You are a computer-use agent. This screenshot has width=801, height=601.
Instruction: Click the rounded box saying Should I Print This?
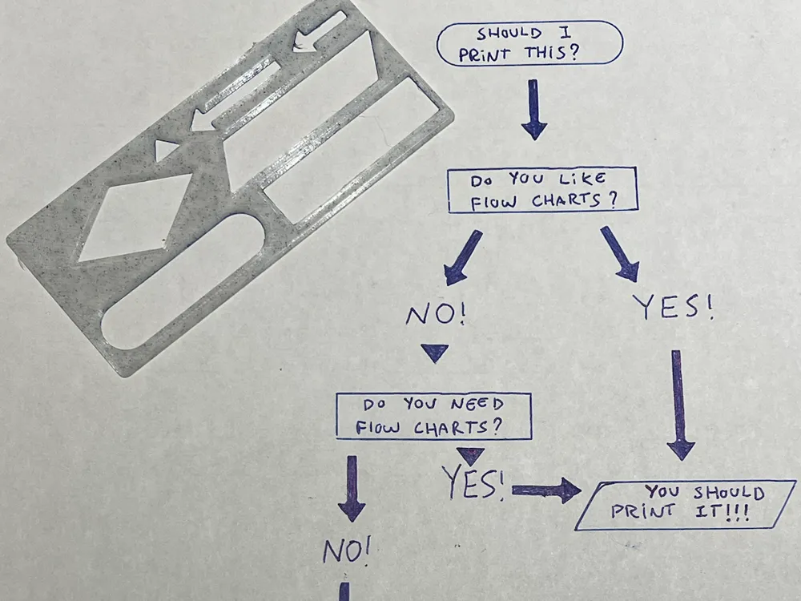pyautogui.click(x=529, y=44)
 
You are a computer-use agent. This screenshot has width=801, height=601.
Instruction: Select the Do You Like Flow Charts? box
pyautogui.click(x=542, y=190)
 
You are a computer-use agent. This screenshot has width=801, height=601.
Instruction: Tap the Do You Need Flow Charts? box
pyautogui.click(x=433, y=416)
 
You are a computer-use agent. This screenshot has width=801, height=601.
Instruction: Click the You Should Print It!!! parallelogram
pyautogui.click(x=686, y=505)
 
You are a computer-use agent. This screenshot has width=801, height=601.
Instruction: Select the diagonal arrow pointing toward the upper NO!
pyautogui.click(x=465, y=257)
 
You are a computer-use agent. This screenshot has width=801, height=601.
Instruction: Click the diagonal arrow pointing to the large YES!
pyautogui.click(x=620, y=253)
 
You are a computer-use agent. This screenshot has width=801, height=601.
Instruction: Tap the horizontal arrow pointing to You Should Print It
pyautogui.click(x=547, y=490)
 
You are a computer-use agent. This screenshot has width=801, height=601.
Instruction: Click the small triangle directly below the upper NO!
pyautogui.click(x=434, y=352)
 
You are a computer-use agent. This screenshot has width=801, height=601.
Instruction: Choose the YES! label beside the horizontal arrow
pyautogui.click(x=473, y=482)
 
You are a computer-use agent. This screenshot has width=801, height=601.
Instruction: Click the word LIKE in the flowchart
pyautogui.click(x=582, y=179)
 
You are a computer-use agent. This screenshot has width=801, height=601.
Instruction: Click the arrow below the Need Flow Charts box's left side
pyautogui.click(x=351, y=488)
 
